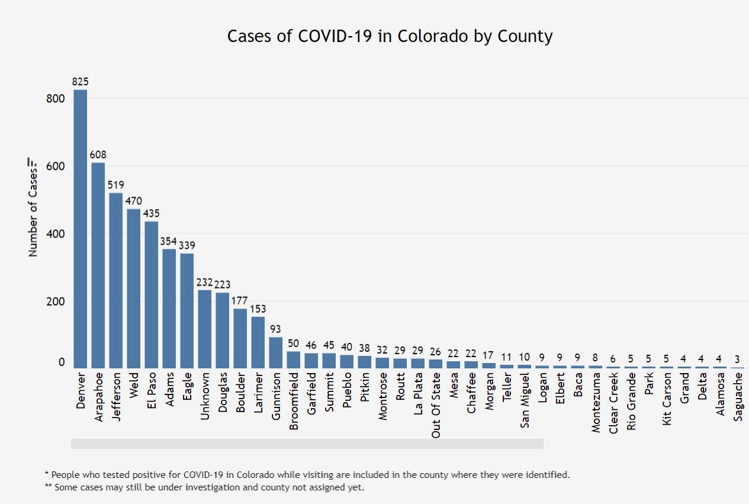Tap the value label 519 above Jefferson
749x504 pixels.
click(116, 185)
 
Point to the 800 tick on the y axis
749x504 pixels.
click(55, 98)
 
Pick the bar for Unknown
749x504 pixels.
click(204, 329)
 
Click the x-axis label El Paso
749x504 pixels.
click(152, 393)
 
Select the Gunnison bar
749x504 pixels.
click(275, 352)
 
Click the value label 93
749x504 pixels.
click(276, 329)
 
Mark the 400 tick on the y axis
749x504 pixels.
click(55, 233)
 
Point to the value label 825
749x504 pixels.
click(80, 82)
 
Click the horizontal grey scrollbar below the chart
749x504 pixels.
click(307, 444)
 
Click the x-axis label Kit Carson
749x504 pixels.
click(667, 400)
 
